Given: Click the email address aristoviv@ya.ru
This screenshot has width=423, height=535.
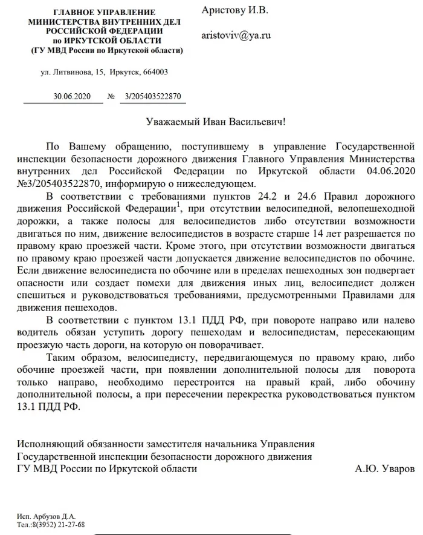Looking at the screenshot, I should point(236,35).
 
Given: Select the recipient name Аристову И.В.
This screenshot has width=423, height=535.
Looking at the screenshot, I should point(235,11).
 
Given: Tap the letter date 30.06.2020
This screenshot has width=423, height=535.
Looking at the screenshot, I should point(71,96).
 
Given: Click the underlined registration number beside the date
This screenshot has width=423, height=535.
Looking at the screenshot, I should point(152,96).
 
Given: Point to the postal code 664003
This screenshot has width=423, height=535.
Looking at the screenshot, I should point(155,72).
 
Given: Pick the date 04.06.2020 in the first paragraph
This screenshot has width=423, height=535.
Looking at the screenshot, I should point(390,171).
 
